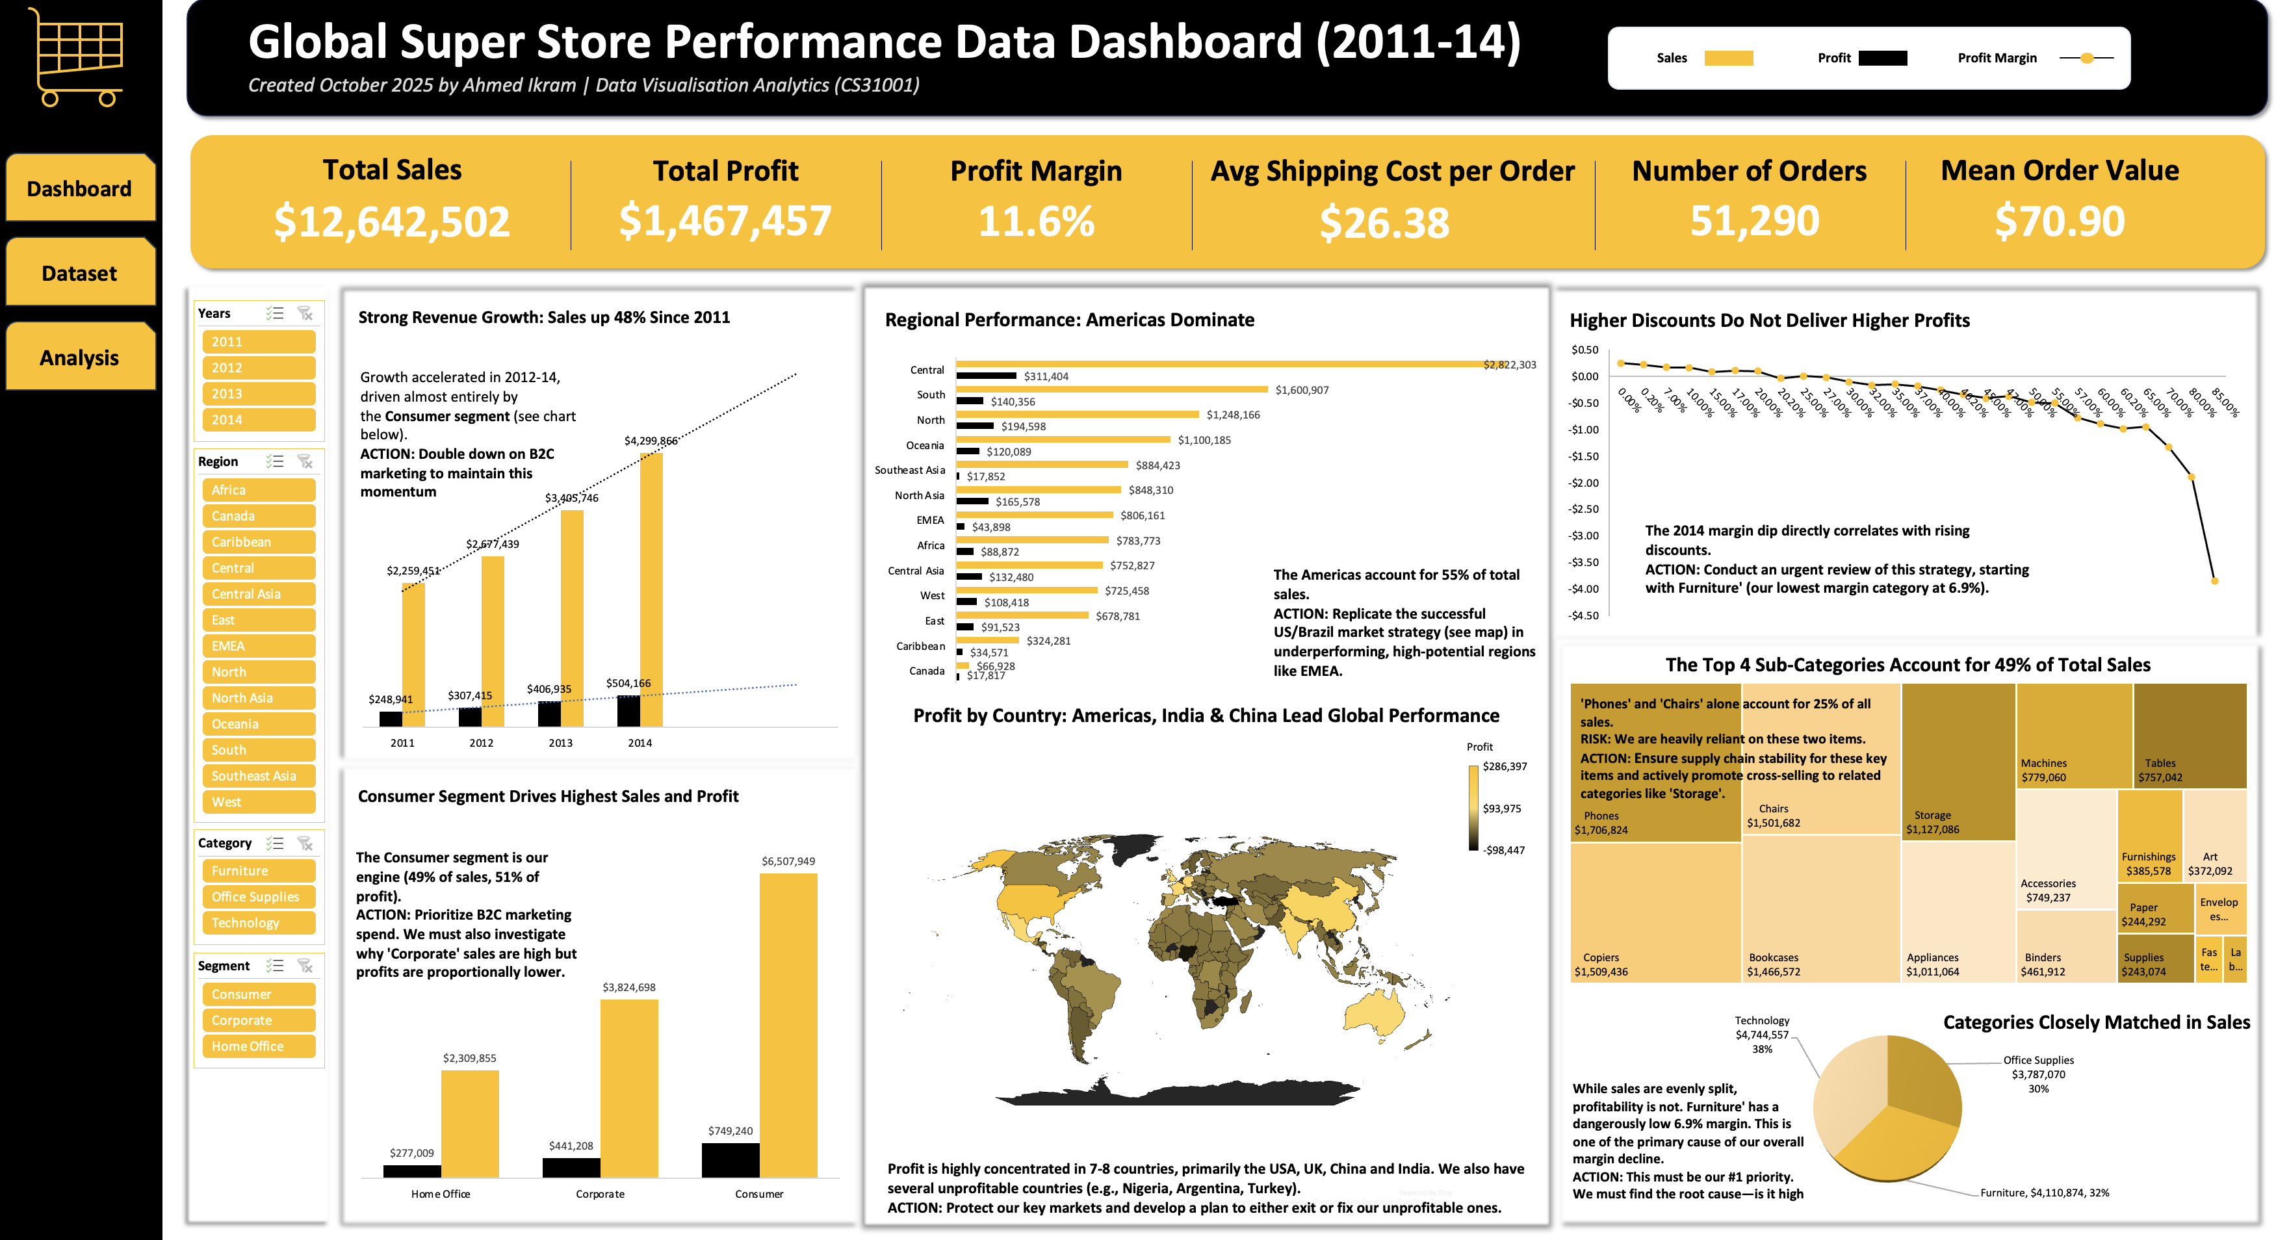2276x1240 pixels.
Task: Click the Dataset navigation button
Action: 79,273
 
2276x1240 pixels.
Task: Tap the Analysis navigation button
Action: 79,358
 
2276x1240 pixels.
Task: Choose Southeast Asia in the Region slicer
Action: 258,776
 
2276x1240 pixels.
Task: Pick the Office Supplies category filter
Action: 258,897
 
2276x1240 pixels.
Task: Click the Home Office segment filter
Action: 258,1046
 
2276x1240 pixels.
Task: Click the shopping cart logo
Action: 78,57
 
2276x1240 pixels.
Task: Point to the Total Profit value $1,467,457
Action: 725,221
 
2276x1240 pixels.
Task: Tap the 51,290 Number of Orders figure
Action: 1754,221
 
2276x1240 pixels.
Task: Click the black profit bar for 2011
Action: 391,719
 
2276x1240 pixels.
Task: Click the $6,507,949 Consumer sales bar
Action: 788,1026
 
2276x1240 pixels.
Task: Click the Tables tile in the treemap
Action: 2190,734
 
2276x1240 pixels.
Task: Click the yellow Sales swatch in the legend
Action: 1728,58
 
